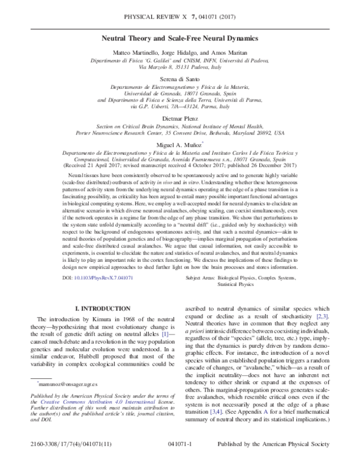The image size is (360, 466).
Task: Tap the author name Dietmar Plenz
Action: click(x=180, y=119)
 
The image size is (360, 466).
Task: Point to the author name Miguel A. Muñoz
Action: click(x=179, y=145)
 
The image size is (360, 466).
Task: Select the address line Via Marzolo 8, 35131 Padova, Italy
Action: click(x=180, y=68)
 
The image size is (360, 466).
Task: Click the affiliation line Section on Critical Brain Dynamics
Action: click(x=180, y=127)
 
